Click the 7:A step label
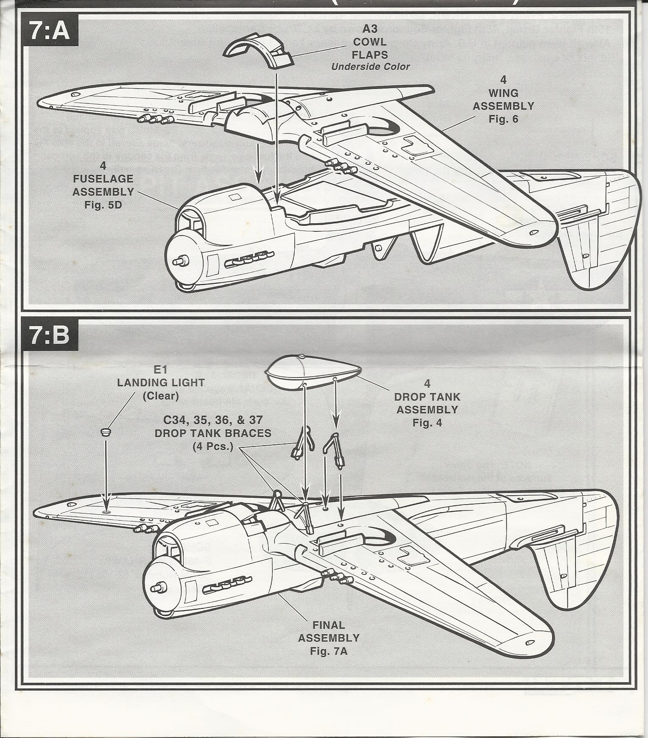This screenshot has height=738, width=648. (50, 31)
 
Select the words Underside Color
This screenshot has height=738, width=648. (370, 67)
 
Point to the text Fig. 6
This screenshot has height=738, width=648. (503, 119)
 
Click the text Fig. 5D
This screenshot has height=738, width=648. (103, 205)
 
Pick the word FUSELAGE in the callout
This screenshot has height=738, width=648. (103, 179)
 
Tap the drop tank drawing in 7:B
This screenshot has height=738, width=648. (312, 372)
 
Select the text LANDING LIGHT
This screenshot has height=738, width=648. (161, 383)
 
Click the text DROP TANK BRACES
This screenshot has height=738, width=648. (213, 433)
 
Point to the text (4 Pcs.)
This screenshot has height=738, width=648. (213, 447)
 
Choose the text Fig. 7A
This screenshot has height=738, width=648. (329, 651)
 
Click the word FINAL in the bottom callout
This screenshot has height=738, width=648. (329, 625)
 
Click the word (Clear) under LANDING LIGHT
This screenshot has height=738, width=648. (161, 396)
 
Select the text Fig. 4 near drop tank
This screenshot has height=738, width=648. (427, 423)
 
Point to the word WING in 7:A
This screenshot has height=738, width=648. (503, 93)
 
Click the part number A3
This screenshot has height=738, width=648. (370, 29)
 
